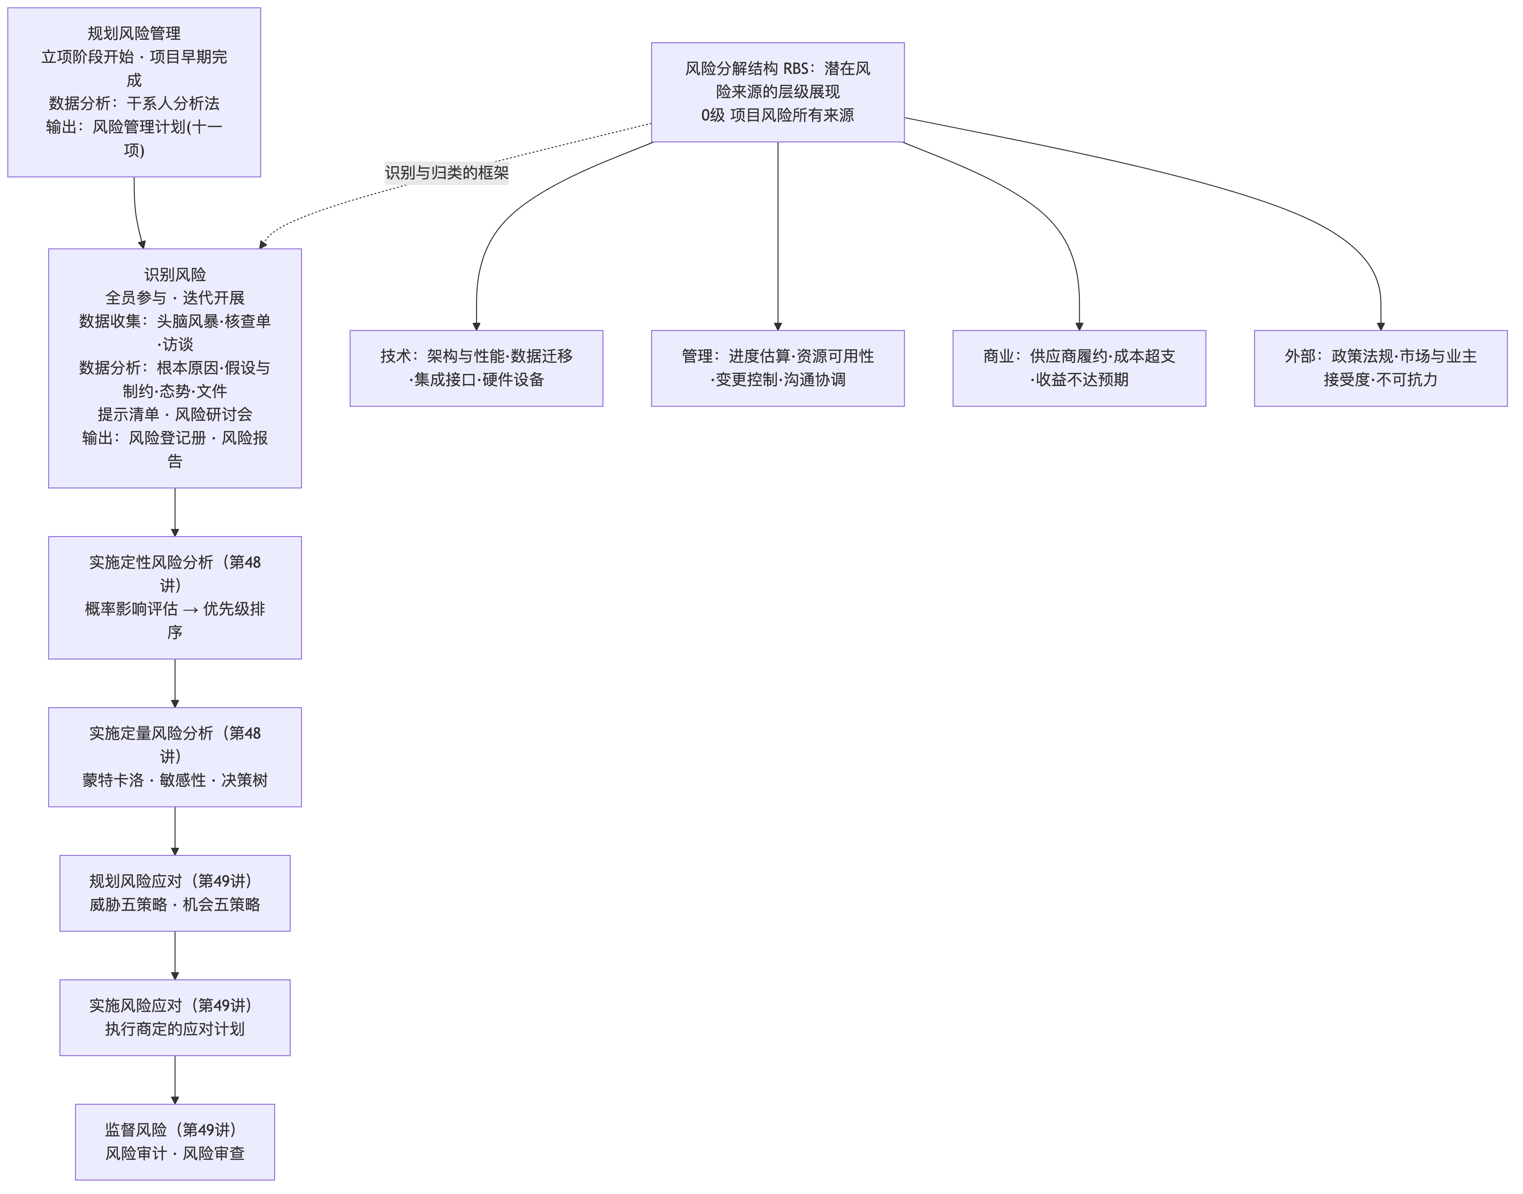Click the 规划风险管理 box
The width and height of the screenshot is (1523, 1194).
coord(134,92)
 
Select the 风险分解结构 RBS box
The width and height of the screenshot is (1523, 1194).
coord(777,92)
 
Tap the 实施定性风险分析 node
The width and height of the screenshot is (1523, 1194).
coord(175,598)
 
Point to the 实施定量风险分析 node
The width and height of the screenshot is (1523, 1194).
coord(175,757)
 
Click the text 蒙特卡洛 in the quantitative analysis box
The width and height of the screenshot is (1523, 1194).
coord(113,780)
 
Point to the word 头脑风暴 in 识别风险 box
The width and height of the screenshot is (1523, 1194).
coord(187,321)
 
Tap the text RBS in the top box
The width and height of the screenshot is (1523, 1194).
coord(796,68)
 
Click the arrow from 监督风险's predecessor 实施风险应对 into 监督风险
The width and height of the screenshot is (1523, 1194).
coord(175,1080)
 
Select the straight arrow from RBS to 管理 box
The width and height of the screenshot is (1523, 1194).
coord(777,236)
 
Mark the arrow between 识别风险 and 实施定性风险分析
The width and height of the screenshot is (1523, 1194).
coord(175,512)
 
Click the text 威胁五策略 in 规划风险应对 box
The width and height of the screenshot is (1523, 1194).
coord(128,904)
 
